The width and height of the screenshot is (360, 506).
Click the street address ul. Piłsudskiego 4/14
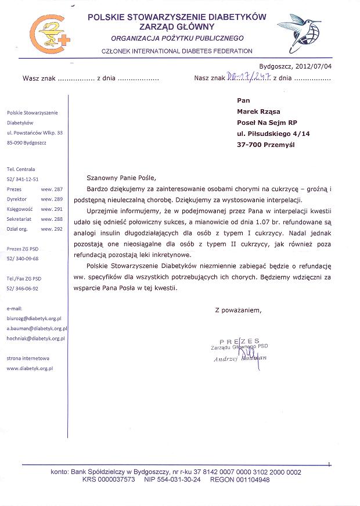[273, 134]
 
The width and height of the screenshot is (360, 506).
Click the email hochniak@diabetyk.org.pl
[35, 338]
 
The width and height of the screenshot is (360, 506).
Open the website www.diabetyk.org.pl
[30, 368]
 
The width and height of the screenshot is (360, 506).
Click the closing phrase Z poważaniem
[238, 310]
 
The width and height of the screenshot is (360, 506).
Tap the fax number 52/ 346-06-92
[23, 288]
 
